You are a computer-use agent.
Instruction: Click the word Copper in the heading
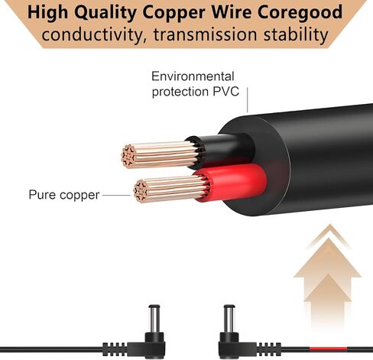coord(174,13)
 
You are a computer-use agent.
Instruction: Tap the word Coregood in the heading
coord(300,13)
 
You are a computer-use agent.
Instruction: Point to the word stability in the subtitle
coord(296,35)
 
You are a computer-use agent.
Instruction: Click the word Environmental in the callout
coord(193,76)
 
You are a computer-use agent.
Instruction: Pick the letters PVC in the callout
coord(226,92)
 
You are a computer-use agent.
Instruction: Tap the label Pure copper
coord(64,195)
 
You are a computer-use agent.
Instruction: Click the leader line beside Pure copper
coord(116,196)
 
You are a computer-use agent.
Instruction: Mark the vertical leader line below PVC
coord(247,100)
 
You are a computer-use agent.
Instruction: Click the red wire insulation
coord(232,182)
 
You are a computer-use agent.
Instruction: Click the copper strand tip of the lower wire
coord(140,191)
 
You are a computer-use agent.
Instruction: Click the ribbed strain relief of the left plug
coord(115,349)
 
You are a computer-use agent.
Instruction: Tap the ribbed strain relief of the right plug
coord(269,349)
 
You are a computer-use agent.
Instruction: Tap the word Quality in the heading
coord(105,13)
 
